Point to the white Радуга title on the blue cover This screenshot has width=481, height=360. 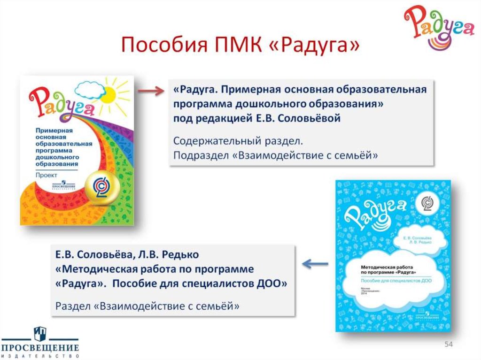376,212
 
